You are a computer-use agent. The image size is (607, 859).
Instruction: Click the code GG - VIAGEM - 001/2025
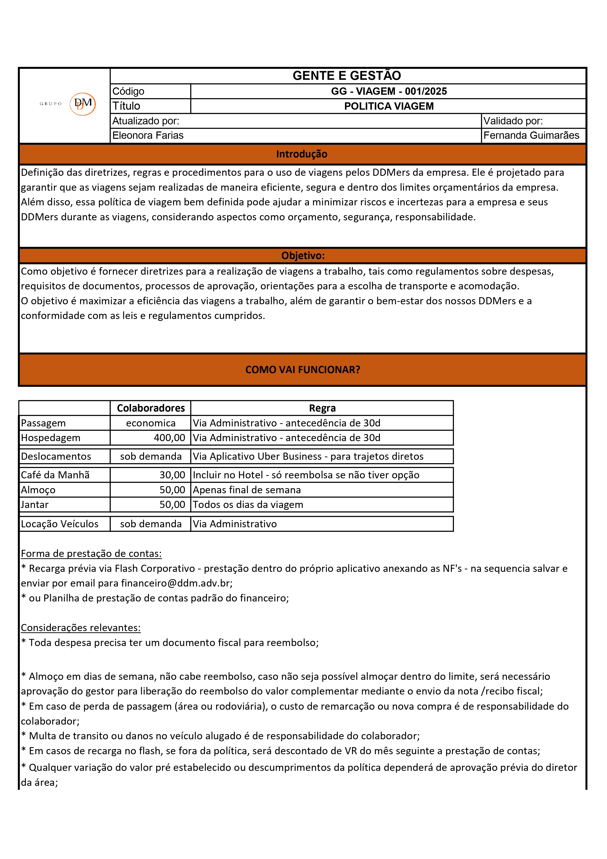point(389,91)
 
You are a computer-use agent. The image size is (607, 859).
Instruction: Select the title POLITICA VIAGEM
point(389,106)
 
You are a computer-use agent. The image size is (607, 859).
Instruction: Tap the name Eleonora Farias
point(148,135)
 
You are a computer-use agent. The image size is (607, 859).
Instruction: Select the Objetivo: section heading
point(303,256)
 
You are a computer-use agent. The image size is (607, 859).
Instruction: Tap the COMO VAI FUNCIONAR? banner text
point(303,370)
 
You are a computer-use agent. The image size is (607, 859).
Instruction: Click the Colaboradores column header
point(151,408)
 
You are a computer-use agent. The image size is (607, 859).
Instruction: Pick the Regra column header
point(322,408)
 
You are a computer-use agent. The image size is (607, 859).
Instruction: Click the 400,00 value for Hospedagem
point(169,438)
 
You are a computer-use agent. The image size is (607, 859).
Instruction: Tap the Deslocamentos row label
point(56,457)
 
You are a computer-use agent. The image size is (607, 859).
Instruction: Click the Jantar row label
point(35,505)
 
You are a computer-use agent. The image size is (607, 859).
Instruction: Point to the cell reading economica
point(151,423)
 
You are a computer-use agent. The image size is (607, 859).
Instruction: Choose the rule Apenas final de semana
point(247,490)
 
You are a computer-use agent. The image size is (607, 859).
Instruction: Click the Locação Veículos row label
point(60,524)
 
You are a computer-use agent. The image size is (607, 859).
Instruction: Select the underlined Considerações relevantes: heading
point(81,628)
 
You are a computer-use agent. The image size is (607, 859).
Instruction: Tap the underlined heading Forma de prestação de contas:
point(91,554)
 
